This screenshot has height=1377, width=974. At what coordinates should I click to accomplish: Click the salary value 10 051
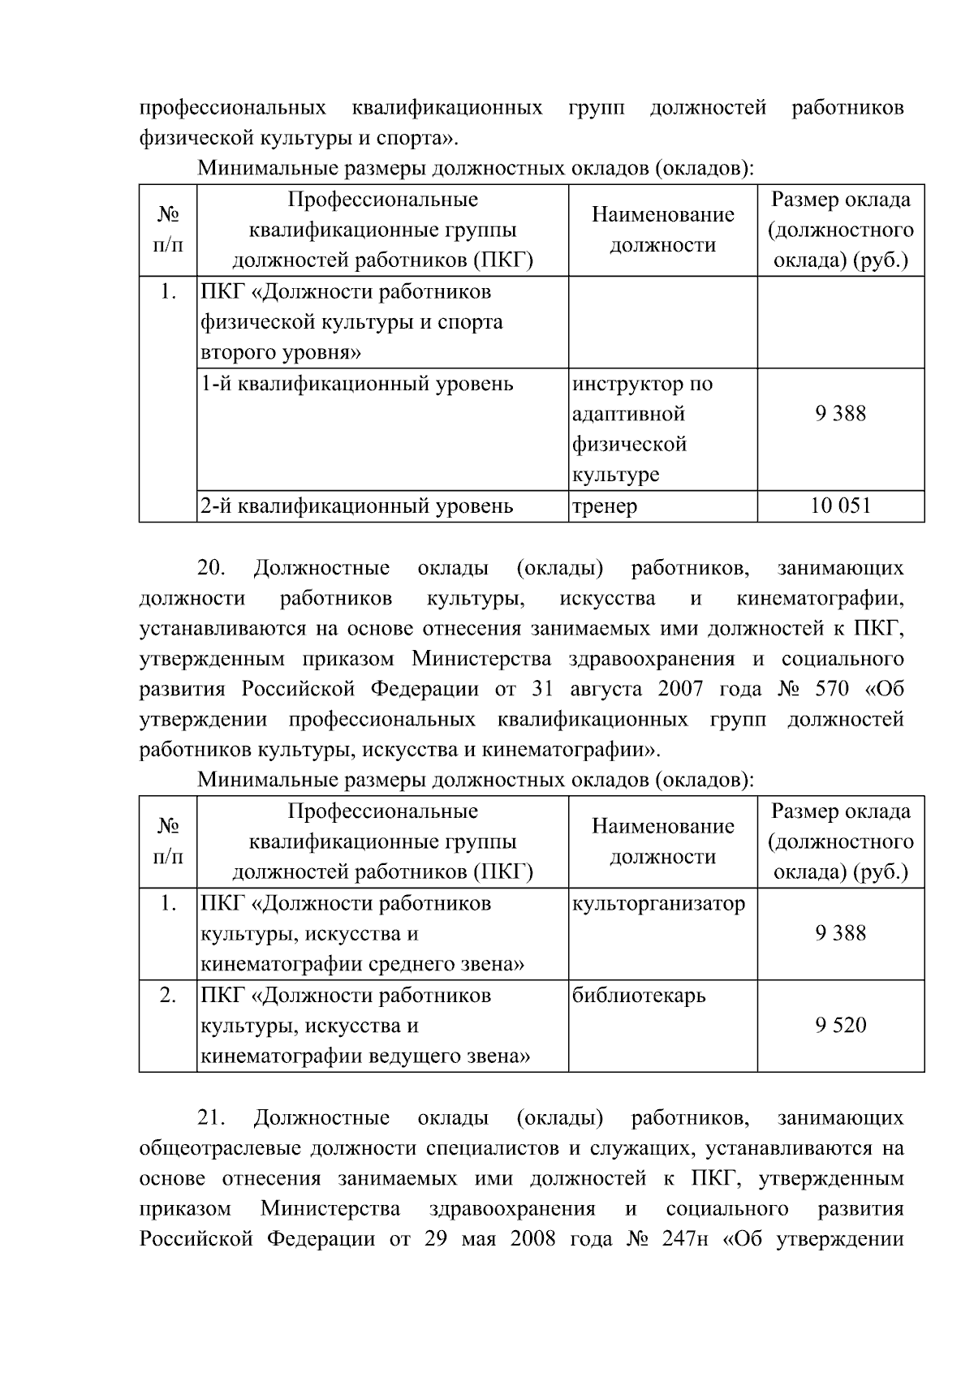840,506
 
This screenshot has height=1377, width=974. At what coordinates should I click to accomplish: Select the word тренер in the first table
605,507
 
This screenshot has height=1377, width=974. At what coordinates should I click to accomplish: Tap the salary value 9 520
840,1026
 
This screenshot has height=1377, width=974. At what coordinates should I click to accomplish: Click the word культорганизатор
658,903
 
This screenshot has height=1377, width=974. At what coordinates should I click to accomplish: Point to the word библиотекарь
639,996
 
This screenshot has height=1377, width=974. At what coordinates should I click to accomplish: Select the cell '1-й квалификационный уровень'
357,384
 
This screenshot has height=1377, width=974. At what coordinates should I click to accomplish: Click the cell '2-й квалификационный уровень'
357,507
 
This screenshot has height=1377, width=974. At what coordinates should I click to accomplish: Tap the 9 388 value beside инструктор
840,415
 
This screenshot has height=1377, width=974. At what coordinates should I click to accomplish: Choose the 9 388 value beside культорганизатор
840,934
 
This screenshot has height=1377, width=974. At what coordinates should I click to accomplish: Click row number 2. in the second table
168,996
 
